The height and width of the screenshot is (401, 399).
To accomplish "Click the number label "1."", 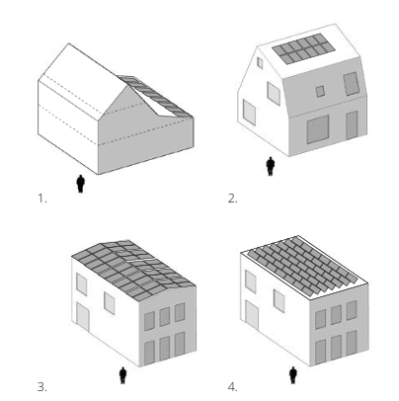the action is pyautogui.click(x=42, y=199).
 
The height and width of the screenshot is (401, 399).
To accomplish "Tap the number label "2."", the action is pyautogui.click(x=232, y=199).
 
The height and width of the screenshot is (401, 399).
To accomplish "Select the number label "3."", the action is pyautogui.click(x=42, y=387).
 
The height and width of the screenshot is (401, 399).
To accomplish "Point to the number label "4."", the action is pyautogui.click(x=232, y=387).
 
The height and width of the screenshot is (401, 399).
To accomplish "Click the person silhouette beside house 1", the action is pyautogui.click(x=81, y=184).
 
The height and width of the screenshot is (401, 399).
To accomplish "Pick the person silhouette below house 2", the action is pyautogui.click(x=271, y=166).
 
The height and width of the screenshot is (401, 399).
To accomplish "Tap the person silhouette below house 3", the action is pyautogui.click(x=122, y=375).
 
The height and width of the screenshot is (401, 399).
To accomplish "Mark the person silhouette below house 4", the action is pyautogui.click(x=293, y=375).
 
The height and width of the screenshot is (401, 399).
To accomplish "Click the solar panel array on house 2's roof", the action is pyautogui.click(x=303, y=48).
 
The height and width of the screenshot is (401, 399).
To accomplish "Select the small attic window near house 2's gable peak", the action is pyautogui.click(x=260, y=63).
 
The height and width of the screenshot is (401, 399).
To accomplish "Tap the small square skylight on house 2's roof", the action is pyautogui.click(x=320, y=91).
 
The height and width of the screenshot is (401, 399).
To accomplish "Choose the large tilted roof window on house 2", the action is pyautogui.click(x=352, y=84).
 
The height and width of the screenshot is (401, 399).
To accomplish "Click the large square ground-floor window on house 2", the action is pyautogui.click(x=318, y=129).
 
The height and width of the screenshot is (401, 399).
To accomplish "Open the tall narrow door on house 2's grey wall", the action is pyautogui.click(x=352, y=125).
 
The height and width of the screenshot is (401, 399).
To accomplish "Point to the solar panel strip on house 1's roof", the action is pyautogui.click(x=155, y=96).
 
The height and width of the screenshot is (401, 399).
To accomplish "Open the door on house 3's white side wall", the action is pyautogui.click(x=83, y=318).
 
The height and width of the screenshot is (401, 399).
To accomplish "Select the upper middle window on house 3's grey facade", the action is pyautogui.click(x=165, y=316).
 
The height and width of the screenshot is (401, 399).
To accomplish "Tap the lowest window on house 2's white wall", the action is pyautogui.click(x=249, y=113).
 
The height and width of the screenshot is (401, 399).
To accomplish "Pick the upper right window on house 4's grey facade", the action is pyautogui.click(x=352, y=310).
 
